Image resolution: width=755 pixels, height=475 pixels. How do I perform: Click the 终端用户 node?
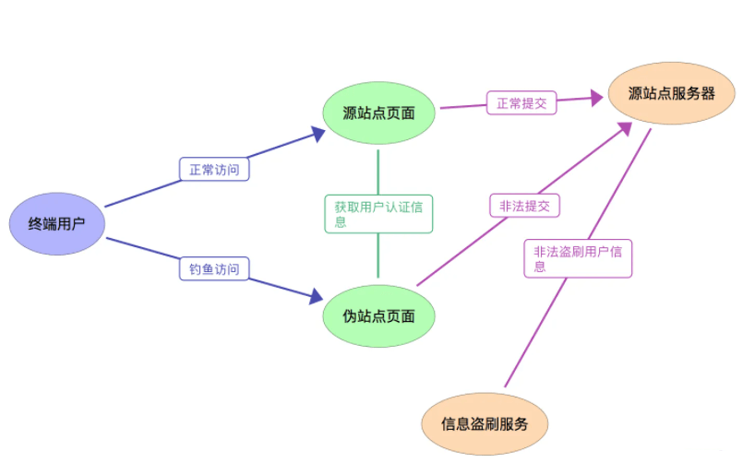pos(56,224)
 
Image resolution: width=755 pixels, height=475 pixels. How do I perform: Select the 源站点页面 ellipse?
pos(378,113)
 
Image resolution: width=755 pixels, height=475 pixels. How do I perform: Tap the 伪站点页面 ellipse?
pos(378,316)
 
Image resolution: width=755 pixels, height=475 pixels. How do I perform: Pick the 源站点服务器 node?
pos(671,93)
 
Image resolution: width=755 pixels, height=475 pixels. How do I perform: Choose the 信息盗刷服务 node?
pos(485,424)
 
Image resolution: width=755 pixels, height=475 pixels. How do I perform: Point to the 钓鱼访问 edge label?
pos(214,269)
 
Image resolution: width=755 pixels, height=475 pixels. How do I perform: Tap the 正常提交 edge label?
pos(521,103)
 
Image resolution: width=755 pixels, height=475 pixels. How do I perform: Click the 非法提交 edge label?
pos(524,206)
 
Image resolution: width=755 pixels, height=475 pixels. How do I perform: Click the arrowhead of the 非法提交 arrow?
pos(625,128)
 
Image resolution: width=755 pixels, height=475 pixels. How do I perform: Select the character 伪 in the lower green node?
pos(349,316)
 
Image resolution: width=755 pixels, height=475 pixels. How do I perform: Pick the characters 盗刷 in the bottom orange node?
pos(485,424)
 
